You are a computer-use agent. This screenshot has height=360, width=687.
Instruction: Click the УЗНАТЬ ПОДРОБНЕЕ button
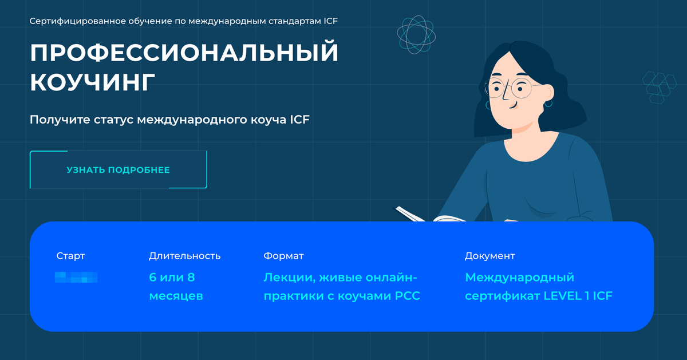tap(118, 170)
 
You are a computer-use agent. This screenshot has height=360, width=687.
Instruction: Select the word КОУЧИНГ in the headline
tap(92, 82)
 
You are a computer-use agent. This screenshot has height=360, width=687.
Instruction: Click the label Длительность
tap(184, 256)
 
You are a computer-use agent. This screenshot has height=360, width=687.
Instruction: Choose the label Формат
tap(283, 256)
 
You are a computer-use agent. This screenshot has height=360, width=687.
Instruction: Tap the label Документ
tap(489, 256)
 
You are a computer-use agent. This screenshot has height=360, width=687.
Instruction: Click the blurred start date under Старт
tap(76, 278)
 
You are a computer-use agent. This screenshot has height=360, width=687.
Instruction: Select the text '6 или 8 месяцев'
tap(176, 287)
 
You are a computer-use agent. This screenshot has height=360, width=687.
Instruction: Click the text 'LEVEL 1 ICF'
tap(578, 296)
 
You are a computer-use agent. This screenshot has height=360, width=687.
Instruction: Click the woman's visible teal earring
tap(548, 104)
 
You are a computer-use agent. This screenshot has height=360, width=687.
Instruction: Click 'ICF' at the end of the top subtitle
tap(331, 21)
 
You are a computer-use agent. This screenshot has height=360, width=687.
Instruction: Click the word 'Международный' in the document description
tap(519, 278)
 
